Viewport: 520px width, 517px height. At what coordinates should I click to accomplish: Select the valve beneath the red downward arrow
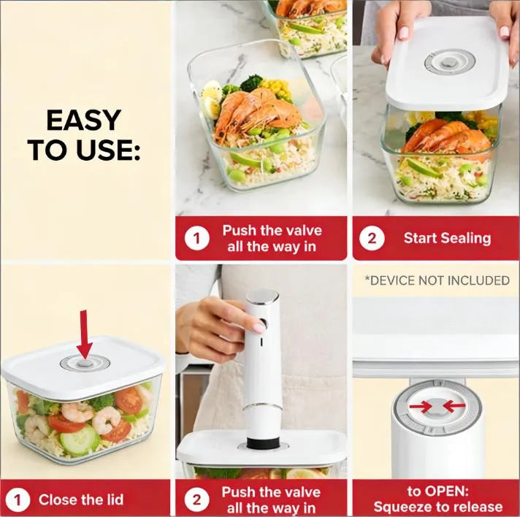(x=84, y=362)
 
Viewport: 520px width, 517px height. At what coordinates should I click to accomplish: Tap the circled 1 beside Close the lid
(x=18, y=500)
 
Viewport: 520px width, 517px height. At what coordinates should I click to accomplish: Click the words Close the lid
(x=81, y=500)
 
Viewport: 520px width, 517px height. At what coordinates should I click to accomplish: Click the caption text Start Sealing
(x=447, y=238)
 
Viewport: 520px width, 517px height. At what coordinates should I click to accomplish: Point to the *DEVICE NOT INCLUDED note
(x=437, y=280)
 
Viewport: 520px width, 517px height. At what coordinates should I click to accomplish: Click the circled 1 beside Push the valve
(x=196, y=238)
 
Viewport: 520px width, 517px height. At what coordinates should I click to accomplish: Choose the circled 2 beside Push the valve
(x=196, y=500)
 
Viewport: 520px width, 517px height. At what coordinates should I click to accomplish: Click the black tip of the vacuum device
(x=261, y=443)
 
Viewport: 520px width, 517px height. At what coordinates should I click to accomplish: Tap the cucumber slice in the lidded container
(x=80, y=439)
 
